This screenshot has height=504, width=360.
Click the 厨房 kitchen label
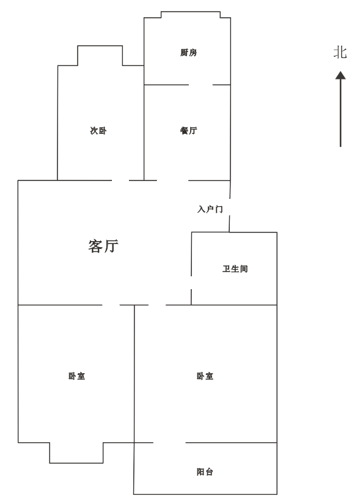click(188, 53)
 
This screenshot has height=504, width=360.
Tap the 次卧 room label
click(98, 130)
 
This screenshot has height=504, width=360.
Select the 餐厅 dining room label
click(188, 130)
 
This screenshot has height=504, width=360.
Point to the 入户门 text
click(210, 209)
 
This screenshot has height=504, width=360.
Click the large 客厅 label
click(103, 246)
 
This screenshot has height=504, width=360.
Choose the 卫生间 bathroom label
click(235, 269)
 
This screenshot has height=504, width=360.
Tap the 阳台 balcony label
click(205, 472)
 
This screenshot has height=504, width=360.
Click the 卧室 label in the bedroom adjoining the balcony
click(205, 376)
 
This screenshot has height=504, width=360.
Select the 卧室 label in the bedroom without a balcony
click(77, 376)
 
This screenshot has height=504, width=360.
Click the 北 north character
click(340, 53)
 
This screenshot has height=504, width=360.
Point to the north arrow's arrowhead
click(340, 75)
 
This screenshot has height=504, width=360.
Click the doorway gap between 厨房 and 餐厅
click(200, 85)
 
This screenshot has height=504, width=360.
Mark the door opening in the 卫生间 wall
click(191, 283)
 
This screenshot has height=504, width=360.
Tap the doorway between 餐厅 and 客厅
click(172, 180)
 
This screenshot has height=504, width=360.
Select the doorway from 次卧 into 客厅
click(120, 180)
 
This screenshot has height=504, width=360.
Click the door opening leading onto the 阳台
click(169, 443)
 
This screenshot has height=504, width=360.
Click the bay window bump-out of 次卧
click(100, 56)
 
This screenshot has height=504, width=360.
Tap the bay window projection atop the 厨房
click(191, 15)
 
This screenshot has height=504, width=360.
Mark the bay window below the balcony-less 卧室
click(76, 453)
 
